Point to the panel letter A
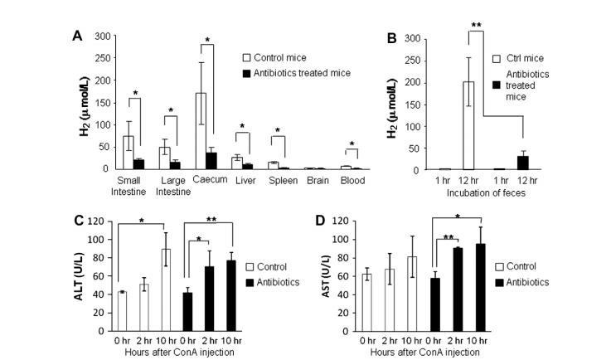(x=76, y=36)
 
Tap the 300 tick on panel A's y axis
(x=101, y=36)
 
